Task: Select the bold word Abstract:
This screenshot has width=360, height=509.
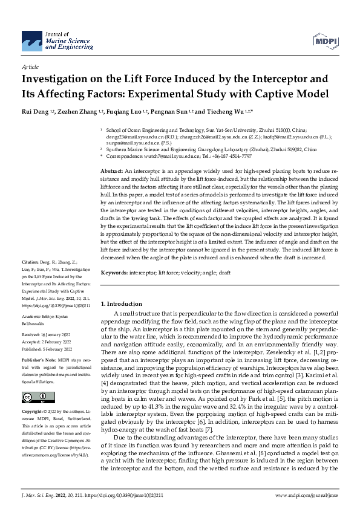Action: (x=113, y=172)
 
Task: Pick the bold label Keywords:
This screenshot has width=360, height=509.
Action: (x=115, y=273)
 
